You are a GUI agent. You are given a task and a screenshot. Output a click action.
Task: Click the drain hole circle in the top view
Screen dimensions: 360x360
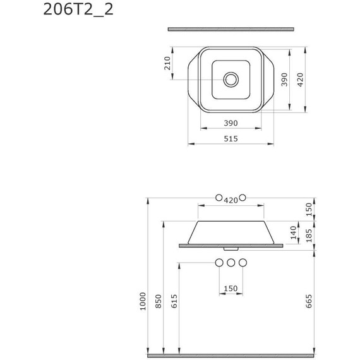tap(231, 80)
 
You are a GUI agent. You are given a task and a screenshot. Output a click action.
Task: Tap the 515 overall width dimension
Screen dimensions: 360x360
tap(231, 139)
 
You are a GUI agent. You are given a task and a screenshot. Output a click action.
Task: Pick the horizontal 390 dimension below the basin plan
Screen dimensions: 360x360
tap(231, 123)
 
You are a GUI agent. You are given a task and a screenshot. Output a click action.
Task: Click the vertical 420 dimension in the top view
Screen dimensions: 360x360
tap(301, 79)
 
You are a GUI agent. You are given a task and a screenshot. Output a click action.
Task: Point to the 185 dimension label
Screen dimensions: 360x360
tap(309, 236)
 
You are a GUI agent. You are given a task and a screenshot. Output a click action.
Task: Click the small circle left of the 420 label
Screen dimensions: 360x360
tap(219, 199)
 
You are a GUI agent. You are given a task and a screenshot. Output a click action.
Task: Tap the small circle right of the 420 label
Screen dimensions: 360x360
tap(243, 199)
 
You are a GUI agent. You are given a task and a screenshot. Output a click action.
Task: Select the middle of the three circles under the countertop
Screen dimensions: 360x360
tap(231, 262)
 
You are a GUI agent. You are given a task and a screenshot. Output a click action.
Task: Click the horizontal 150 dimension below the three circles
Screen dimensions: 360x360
tap(231, 289)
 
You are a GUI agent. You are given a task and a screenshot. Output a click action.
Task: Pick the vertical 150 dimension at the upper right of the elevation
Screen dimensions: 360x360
tap(309, 210)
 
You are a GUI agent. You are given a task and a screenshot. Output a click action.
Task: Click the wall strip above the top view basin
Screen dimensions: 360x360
tap(231, 29)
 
